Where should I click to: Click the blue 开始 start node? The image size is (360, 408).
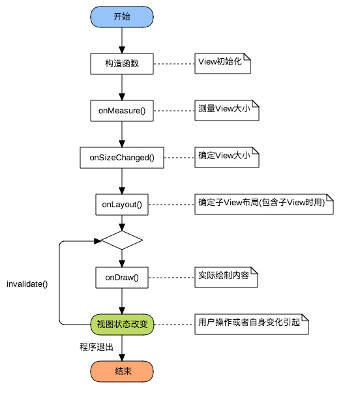pyautogui.click(x=122, y=16)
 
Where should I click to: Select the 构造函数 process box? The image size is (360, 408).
pyautogui.click(x=122, y=63)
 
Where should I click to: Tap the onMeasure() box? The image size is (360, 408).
pyautogui.click(x=122, y=110)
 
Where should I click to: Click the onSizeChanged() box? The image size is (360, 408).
pyautogui.click(x=122, y=157)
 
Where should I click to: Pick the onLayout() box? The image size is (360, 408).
pyautogui.click(x=122, y=204)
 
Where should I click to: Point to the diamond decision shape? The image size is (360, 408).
pyautogui.click(x=122, y=240)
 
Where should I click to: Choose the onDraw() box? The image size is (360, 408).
pyautogui.click(x=122, y=277)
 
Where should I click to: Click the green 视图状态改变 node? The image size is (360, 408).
pyautogui.click(x=122, y=323)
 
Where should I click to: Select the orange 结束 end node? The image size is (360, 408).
pyautogui.click(x=122, y=371)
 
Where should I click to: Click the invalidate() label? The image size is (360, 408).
pyautogui.click(x=27, y=284)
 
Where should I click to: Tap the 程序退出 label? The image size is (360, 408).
pyautogui.click(x=93, y=347)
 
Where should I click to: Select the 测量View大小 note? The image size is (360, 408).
pyautogui.click(x=227, y=110)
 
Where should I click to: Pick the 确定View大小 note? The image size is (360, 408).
pyautogui.click(x=227, y=157)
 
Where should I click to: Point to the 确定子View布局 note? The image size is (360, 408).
pyautogui.click(x=264, y=204)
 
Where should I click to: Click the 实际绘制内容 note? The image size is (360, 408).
pyautogui.click(x=226, y=277)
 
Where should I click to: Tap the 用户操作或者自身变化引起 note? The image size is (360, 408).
pyautogui.click(x=251, y=323)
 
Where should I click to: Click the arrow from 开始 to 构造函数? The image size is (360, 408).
pyautogui.click(x=122, y=40)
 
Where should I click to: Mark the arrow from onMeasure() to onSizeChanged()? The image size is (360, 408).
pyautogui.click(x=122, y=134)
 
